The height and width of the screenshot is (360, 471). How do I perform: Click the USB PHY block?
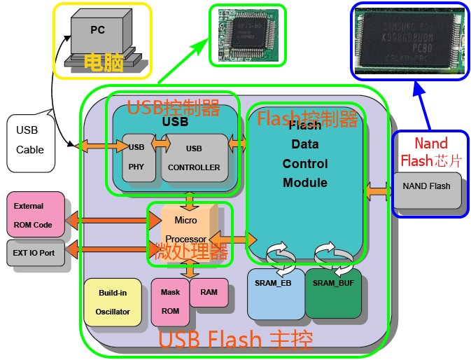point(138,158)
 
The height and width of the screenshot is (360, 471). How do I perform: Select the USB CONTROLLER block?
point(194,158)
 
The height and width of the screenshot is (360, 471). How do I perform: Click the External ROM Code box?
point(33,214)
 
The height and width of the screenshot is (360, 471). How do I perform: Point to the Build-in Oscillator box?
point(113,302)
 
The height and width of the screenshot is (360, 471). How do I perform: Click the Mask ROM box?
point(169,302)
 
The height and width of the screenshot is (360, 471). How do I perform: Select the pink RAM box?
point(209,292)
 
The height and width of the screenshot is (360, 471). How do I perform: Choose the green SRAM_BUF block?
point(333,293)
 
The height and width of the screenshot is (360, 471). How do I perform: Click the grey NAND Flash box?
point(427,190)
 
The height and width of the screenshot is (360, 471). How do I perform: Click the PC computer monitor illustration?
point(98,34)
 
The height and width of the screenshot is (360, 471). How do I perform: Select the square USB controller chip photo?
point(247,35)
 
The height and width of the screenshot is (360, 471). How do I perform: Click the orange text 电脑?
point(104,63)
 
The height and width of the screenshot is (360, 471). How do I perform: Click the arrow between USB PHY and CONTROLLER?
point(161,143)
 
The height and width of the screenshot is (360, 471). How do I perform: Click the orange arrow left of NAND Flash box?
point(379,190)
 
